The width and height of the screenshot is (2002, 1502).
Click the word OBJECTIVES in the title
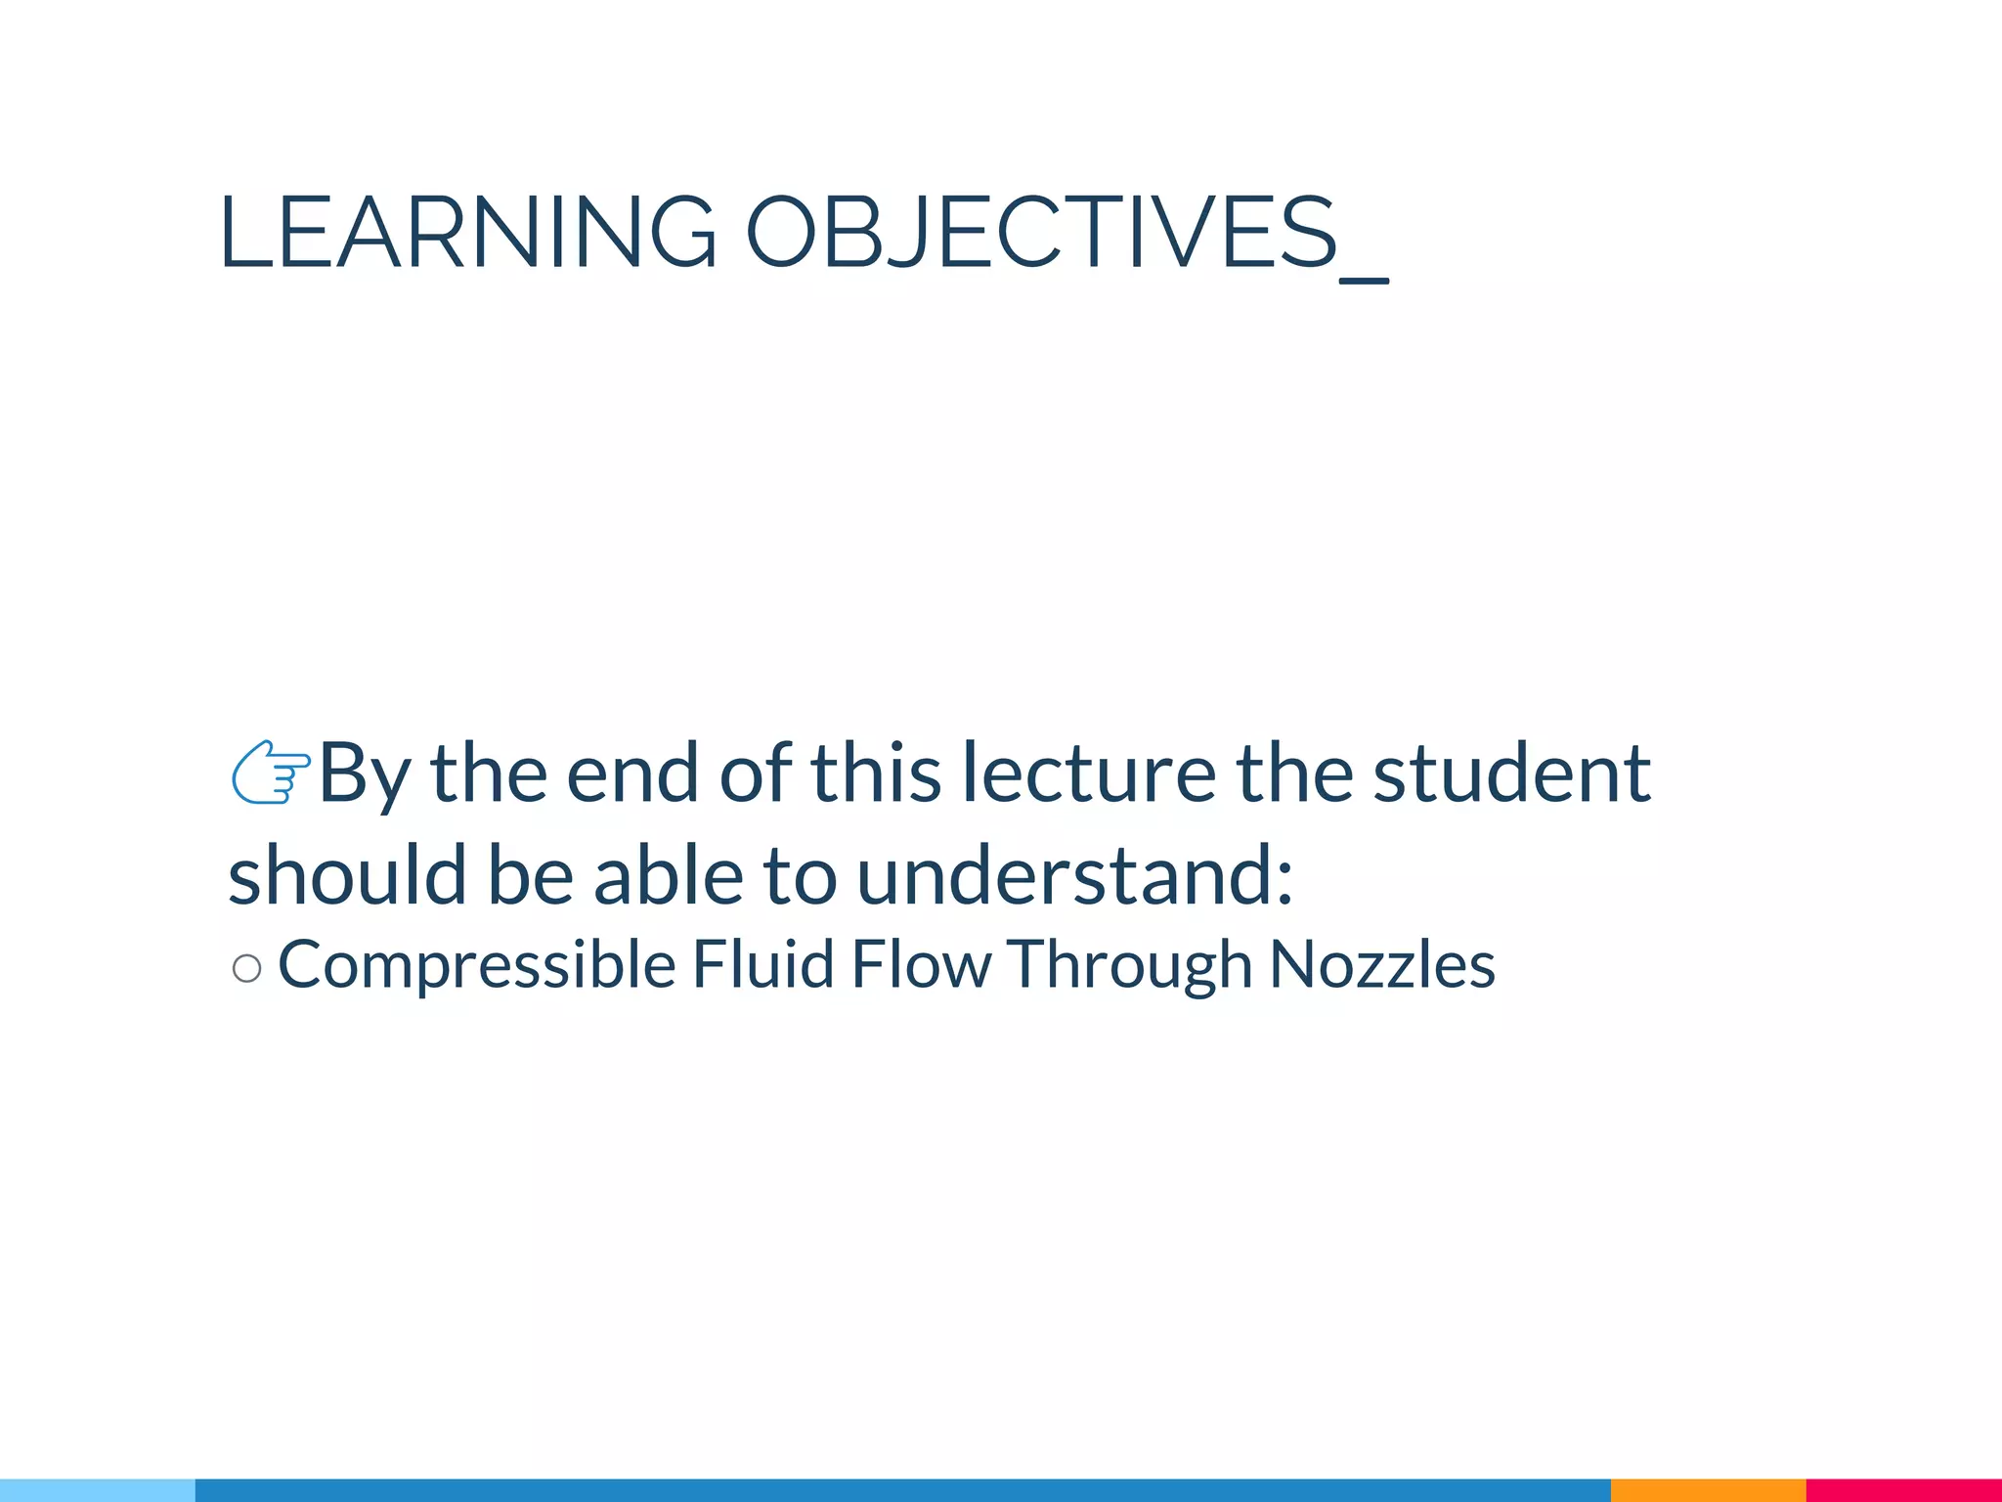point(1040,233)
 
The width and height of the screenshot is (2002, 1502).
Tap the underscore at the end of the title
point(1365,280)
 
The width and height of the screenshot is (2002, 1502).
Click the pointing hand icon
point(270,773)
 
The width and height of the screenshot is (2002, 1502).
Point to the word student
point(1512,773)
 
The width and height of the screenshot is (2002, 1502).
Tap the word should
point(347,874)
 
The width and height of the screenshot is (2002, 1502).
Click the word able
point(667,874)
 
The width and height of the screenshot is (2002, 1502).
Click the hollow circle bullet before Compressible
point(247,968)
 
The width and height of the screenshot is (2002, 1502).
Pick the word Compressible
point(477,965)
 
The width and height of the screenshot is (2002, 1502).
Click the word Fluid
point(762,964)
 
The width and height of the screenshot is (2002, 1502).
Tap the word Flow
point(921,964)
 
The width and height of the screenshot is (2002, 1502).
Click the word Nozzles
point(1382,964)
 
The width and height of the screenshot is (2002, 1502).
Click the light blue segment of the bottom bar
point(98,1490)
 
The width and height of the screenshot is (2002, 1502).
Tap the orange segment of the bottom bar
point(1708,1490)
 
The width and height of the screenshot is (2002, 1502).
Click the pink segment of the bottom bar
point(1903,1490)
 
